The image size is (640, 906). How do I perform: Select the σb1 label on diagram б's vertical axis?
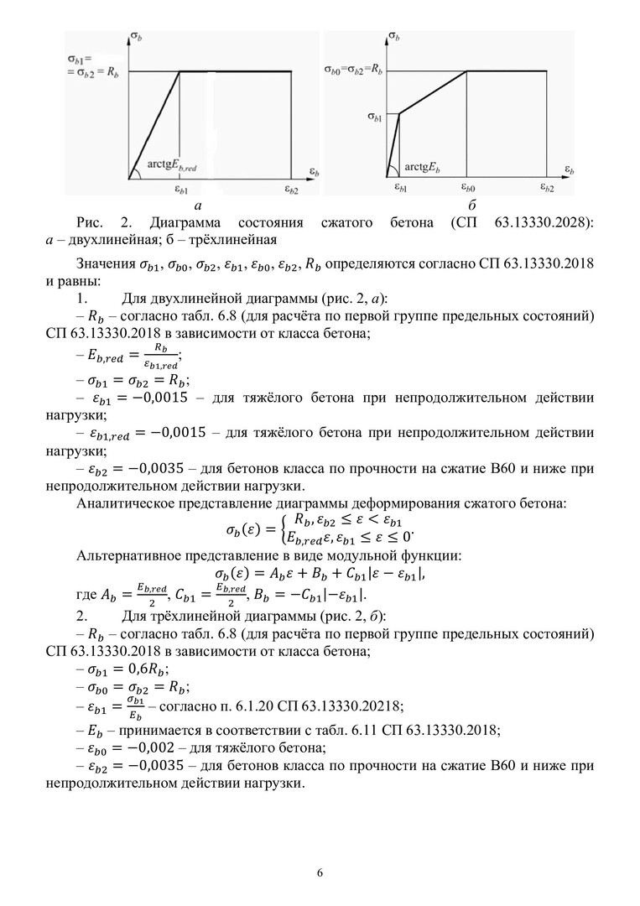tap(375, 117)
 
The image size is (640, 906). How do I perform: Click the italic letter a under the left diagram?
tap(197, 206)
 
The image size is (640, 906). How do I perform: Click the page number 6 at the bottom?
tap(320, 872)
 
